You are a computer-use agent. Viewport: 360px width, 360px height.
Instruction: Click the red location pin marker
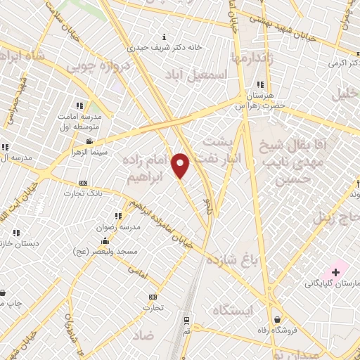(181, 165)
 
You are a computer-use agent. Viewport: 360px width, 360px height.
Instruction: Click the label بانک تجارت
(84, 193)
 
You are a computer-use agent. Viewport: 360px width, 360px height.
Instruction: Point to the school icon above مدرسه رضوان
(117, 215)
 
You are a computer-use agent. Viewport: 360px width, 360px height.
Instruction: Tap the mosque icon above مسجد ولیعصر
(105, 240)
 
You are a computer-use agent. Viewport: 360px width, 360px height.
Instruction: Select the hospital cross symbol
(335, 272)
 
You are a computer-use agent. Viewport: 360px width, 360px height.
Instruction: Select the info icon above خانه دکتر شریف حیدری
(164, 37)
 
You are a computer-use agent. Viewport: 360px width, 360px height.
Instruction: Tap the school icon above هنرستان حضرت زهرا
(261, 84)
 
